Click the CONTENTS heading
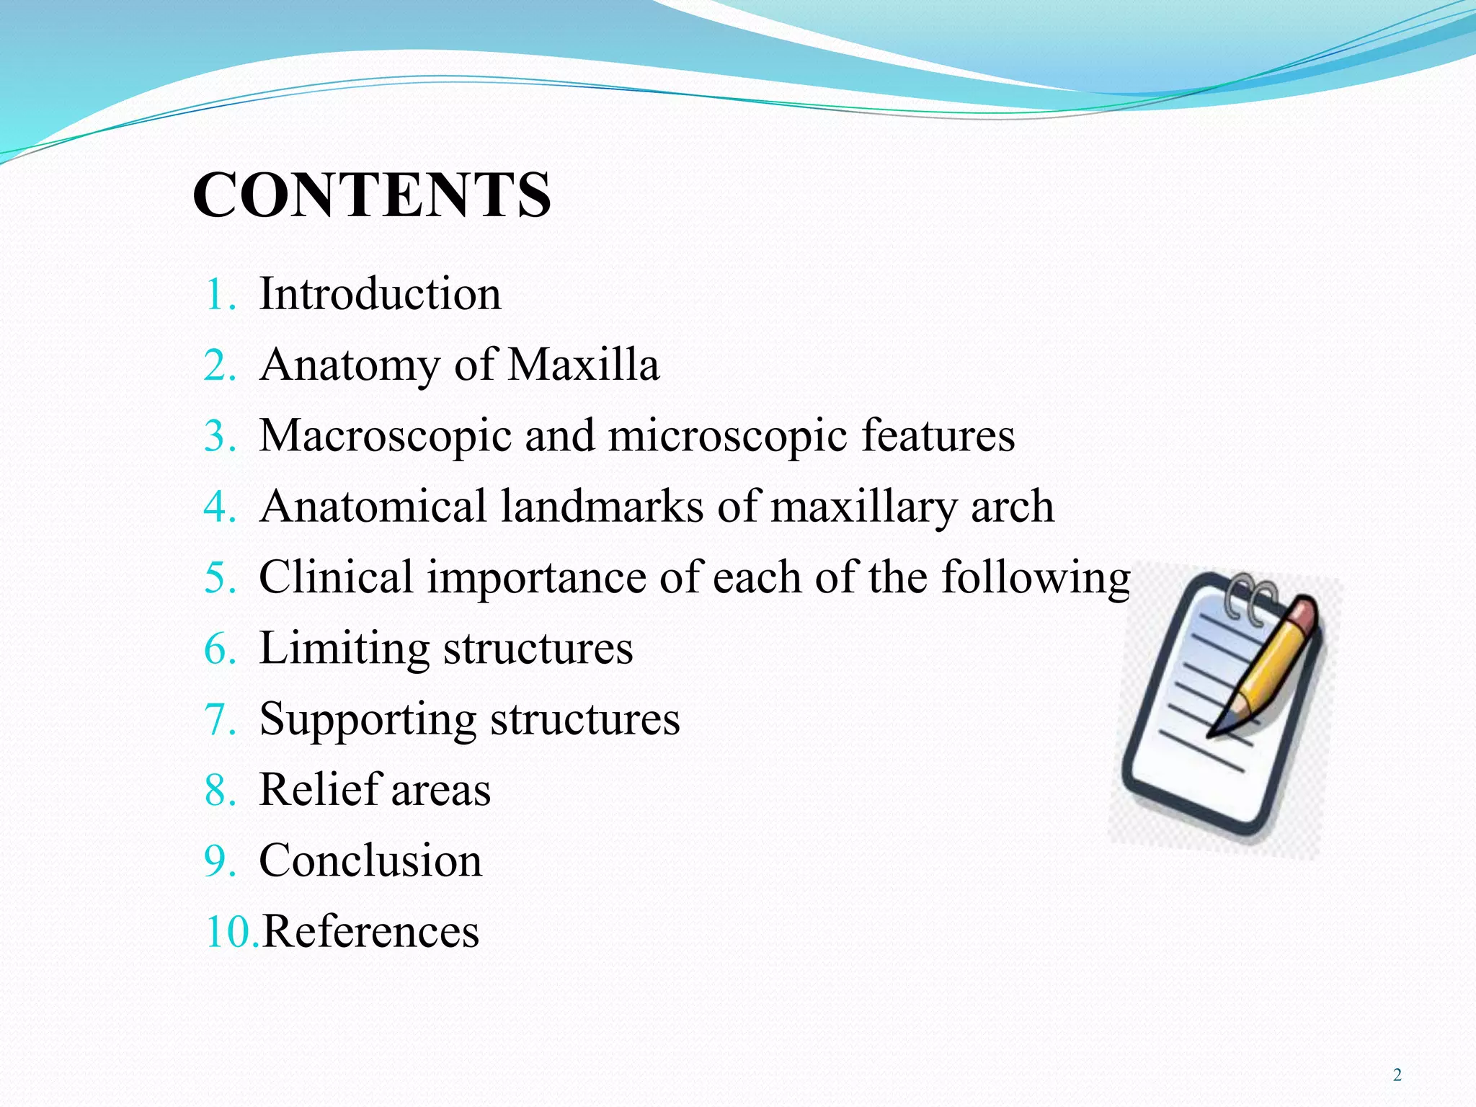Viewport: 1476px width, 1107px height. pos(372,195)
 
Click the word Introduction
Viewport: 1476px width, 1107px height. pos(380,294)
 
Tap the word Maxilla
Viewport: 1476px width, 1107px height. pos(584,365)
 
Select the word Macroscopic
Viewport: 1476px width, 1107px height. pos(385,437)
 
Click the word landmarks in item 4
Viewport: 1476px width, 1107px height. pos(602,506)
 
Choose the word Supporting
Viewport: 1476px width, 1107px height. pos(367,720)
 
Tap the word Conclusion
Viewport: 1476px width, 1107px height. pos(370,861)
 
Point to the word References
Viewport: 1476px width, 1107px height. pos(370,931)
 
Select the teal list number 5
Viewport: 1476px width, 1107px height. pos(220,578)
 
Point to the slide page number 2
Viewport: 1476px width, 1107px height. pos(1397,1075)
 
